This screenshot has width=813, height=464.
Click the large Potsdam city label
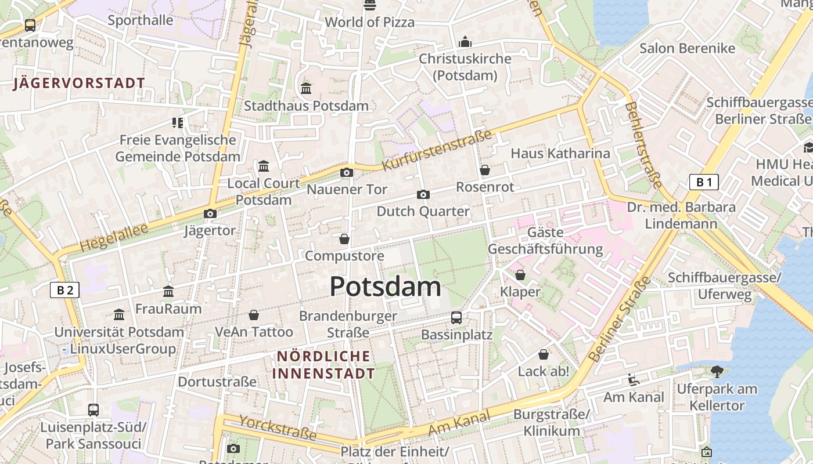[385, 287]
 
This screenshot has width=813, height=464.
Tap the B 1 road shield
[704, 182]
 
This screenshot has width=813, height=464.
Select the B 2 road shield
[64, 289]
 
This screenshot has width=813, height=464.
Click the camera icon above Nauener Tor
[347, 172]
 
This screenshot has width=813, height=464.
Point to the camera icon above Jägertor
[210, 213]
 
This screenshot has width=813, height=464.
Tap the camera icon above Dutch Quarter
[423, 194]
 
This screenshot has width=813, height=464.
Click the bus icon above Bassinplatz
[456, 317]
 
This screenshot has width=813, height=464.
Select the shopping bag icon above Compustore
[344, 239]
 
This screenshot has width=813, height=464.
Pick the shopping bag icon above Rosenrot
[485, 170]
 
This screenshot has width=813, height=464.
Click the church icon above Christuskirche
[465, 42]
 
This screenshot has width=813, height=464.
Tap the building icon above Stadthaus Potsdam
[306, 88]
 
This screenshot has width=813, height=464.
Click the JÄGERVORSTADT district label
[79, 83]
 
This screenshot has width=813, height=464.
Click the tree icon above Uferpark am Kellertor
[717, 371]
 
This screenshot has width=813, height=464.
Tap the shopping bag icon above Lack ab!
[544, 354]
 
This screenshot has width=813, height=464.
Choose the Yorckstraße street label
[278, 428]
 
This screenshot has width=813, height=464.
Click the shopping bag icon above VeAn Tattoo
[254, 315]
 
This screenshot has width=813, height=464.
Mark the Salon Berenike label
[687, 48]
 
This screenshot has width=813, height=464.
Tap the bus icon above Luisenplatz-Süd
[93, 409]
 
